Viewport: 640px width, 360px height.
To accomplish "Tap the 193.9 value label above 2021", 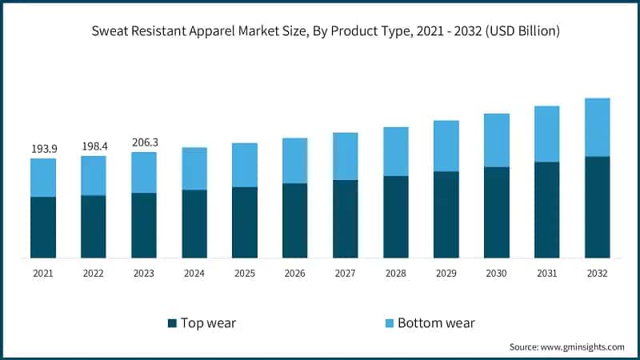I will pyautogui.click(x=43, y=149).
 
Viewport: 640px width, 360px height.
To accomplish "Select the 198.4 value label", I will pyautogui.click(x=94, y=146).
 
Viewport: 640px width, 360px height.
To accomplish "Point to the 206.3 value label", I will pyautogui.click(x=144, y=142).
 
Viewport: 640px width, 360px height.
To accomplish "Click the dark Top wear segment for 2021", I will pyautogui.click(x=43, y=227).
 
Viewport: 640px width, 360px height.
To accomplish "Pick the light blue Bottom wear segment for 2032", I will pyautogui.click(x=597, y=127).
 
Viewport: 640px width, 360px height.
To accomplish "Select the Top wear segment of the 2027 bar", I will pyautogui.click(x=346, y=218).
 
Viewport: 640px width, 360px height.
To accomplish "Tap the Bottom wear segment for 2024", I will pyautogui.click(x=194, y=168).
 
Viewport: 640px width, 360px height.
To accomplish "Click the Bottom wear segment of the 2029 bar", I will pyautogui.click(x=446, y=146).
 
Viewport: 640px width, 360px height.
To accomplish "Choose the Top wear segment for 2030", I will pyautogui.click(x=496, y=212).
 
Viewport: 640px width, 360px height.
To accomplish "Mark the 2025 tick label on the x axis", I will pyautogui.click(x=245, y=274).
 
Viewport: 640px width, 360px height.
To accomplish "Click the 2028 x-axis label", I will pyautogui.click(x=395, y=274).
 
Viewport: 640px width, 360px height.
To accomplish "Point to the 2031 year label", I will pyautogui.click(x=546, y=274).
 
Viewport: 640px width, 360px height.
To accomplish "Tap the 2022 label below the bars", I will pyautogui.click(x=94, y=274).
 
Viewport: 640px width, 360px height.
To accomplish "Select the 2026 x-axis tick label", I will pyautogui.click(x=295, y=274).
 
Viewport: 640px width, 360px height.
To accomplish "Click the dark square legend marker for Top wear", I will pyautogui.click(x=172, y=323).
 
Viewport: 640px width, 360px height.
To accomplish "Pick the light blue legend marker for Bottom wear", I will pyautogui.click(x=389, y=323).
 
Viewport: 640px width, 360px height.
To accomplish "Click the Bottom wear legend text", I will pyautogui.click(x=436, y=323).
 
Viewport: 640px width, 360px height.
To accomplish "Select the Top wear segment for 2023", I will pyautogui.click(x=144, y=225).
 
